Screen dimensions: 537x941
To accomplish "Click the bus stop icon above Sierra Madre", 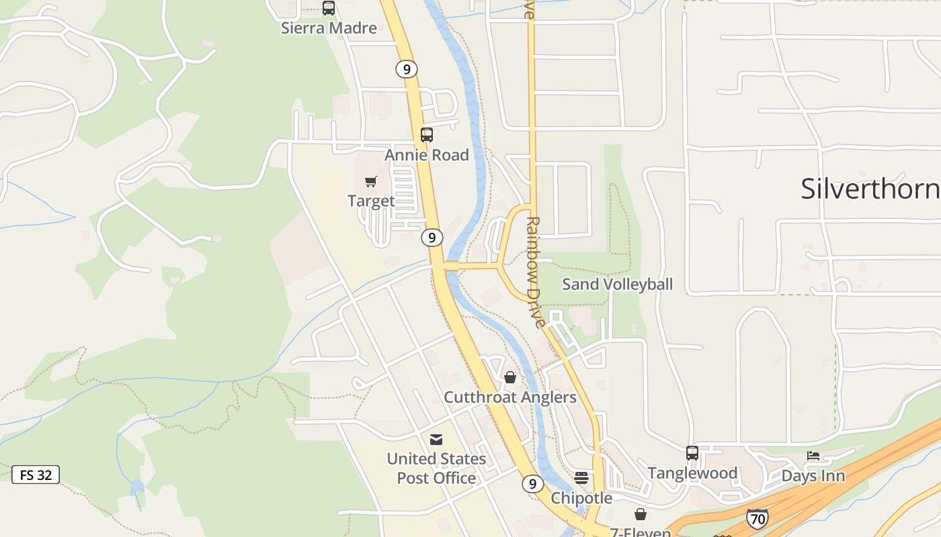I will click(328, 8).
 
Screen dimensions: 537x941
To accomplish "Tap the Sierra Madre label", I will click(329, 28).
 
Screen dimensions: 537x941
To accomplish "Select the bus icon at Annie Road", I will click(427, 135).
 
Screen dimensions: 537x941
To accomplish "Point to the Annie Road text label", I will click(427, 155).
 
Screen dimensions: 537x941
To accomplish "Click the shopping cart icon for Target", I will click(371, 181).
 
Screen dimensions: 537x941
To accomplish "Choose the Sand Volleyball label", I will click(617, 284).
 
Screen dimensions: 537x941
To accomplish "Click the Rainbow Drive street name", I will click(534, 271).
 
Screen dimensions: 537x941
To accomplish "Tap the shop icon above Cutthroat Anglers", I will click(510, 377).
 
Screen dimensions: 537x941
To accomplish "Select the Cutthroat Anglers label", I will click(510, 397).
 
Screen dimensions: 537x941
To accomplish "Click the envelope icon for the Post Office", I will click(436, 440).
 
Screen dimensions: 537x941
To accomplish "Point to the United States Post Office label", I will click(436, 469).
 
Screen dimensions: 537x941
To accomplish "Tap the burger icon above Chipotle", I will click(581, 478).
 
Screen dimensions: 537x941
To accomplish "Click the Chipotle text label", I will click(581, 498).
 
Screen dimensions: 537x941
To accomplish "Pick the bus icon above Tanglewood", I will click(692, 453).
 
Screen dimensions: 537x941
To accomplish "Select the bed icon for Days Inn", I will click(813, 456).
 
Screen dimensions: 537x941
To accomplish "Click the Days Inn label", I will click(813, 476).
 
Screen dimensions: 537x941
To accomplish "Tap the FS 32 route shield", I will click(36, 475).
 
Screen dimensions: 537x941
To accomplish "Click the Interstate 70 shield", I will click(757, 518).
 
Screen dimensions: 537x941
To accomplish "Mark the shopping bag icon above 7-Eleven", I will click(641, 514).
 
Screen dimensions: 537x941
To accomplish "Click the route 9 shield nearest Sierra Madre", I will click(407, 68).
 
